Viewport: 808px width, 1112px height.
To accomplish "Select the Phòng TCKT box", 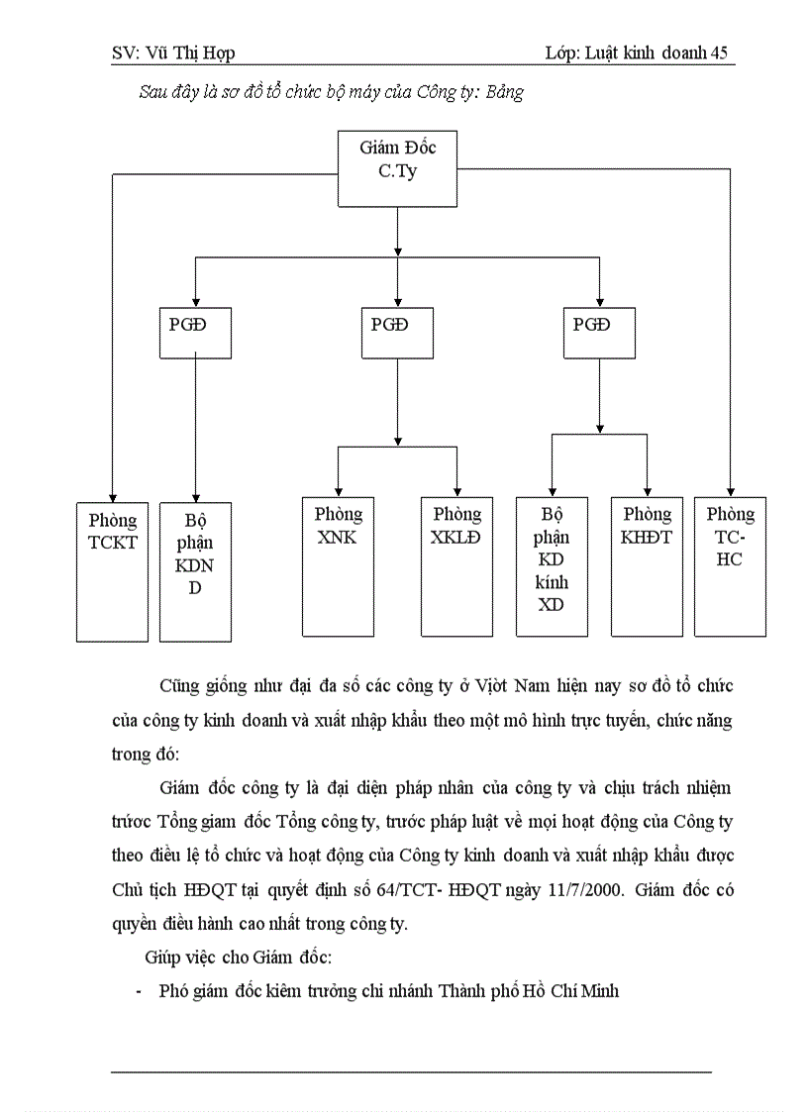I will pos(112,571).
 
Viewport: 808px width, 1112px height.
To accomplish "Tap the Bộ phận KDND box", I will pos(195,571).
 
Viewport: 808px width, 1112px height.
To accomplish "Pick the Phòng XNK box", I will pos(338,565).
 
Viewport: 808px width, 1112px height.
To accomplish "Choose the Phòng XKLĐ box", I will pos(456,565).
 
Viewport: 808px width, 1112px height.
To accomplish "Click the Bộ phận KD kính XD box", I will pos(552,565).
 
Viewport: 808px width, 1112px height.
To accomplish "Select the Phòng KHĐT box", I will pos(647,565).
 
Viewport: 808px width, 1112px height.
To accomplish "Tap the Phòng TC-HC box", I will pos(730,565).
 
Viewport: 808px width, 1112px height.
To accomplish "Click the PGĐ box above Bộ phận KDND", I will pos(195,332).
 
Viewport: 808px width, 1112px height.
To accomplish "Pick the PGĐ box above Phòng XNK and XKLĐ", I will pos(396,332).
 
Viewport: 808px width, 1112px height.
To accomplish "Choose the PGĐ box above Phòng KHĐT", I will pos(599,332).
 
